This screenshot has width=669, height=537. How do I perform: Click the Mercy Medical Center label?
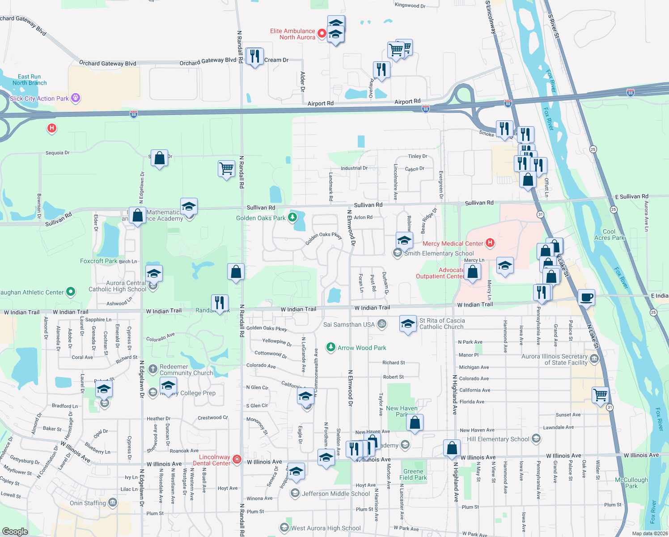pos(453,243)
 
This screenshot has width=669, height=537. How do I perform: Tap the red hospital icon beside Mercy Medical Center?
pos(490,243)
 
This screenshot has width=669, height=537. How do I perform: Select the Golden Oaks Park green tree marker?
pos(292,217)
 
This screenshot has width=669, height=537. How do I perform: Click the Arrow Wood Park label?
pos(362,348)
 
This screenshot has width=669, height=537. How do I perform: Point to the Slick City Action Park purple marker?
pos(76,98)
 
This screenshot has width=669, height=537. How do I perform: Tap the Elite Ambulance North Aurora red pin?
pos(321,34)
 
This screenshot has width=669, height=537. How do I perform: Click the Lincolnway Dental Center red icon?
pos(237,459)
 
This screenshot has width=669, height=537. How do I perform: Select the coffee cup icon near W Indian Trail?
pos(586,297)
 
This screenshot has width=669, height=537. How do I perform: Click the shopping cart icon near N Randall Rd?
pos(226,169)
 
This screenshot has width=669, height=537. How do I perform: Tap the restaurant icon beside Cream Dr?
pos(254,56)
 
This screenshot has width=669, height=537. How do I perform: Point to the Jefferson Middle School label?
pos(336,494)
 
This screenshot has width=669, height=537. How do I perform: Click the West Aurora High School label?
pos(326,528)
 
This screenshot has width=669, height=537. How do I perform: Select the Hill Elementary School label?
pos(498,439)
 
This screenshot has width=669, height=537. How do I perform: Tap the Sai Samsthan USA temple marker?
pos(381,324)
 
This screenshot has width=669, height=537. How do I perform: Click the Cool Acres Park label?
pos(609,234)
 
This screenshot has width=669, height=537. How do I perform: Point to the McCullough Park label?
pos(631,483)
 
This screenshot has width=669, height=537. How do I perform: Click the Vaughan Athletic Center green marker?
pos(71,292)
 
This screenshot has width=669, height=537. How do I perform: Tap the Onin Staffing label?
pos(88,503)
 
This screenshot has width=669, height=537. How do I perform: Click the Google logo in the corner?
pos(15,531)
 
